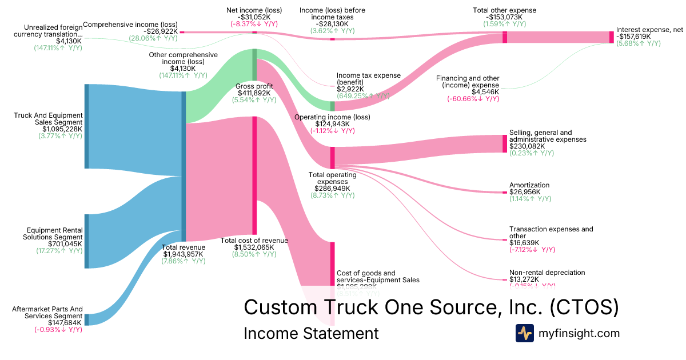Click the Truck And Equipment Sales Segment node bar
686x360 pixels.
coord(87,126)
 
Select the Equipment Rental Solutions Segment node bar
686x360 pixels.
coord(87,241)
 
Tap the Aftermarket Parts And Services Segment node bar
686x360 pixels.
coord(87,319)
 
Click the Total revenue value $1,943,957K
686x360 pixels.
coord(183,254)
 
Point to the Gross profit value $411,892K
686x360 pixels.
coord(254,93)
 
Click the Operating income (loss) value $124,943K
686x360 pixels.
coord(332,124)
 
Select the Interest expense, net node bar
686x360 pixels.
coord(611,37)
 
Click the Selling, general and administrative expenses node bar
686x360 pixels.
coord(505,143)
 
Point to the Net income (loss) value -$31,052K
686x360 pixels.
coord(254,17)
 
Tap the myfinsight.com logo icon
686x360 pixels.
coord(524,333)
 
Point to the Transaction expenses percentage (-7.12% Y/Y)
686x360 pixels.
coord(532,250)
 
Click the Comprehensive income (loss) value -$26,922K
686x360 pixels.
coord(161,31)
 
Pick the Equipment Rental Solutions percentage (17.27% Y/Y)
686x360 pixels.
coord(59,251)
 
